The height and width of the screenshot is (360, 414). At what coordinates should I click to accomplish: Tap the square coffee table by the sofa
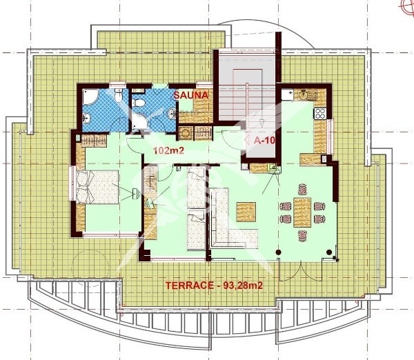pyautogui.click(x=246, y=210)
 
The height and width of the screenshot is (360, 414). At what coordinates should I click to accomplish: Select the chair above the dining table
pyautogui.click(x=302, y=188)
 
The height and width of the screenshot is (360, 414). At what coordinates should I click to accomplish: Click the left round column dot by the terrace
pyautogui.click(x=278, y=253)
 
